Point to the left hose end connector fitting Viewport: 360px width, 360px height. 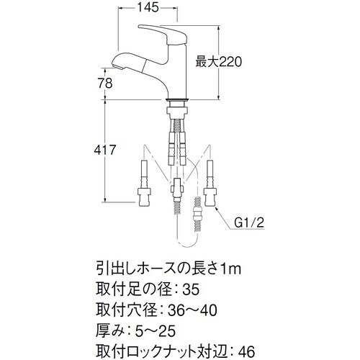coord(144,194)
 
